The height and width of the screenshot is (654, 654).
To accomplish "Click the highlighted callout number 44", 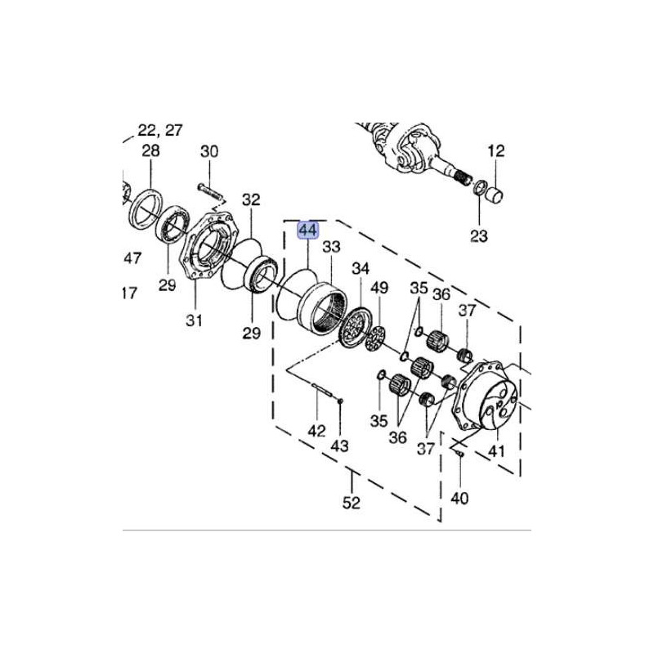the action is click(307, 231).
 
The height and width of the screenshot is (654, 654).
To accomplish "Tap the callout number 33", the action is click(332, 247).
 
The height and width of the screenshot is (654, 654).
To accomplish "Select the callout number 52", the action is click(352, 503).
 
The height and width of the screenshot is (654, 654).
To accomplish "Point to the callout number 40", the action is click(459, 498).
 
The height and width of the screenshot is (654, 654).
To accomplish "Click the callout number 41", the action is click(496, 451).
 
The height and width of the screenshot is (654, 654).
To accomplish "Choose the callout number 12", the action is click(496, 150).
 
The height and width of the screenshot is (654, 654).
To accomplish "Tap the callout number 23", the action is click(479, 236).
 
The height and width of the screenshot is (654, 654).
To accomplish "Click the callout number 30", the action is click(209, 151).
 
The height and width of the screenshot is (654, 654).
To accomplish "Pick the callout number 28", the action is click(150, 150).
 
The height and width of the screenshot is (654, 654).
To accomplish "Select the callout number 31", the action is click(194, 320).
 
